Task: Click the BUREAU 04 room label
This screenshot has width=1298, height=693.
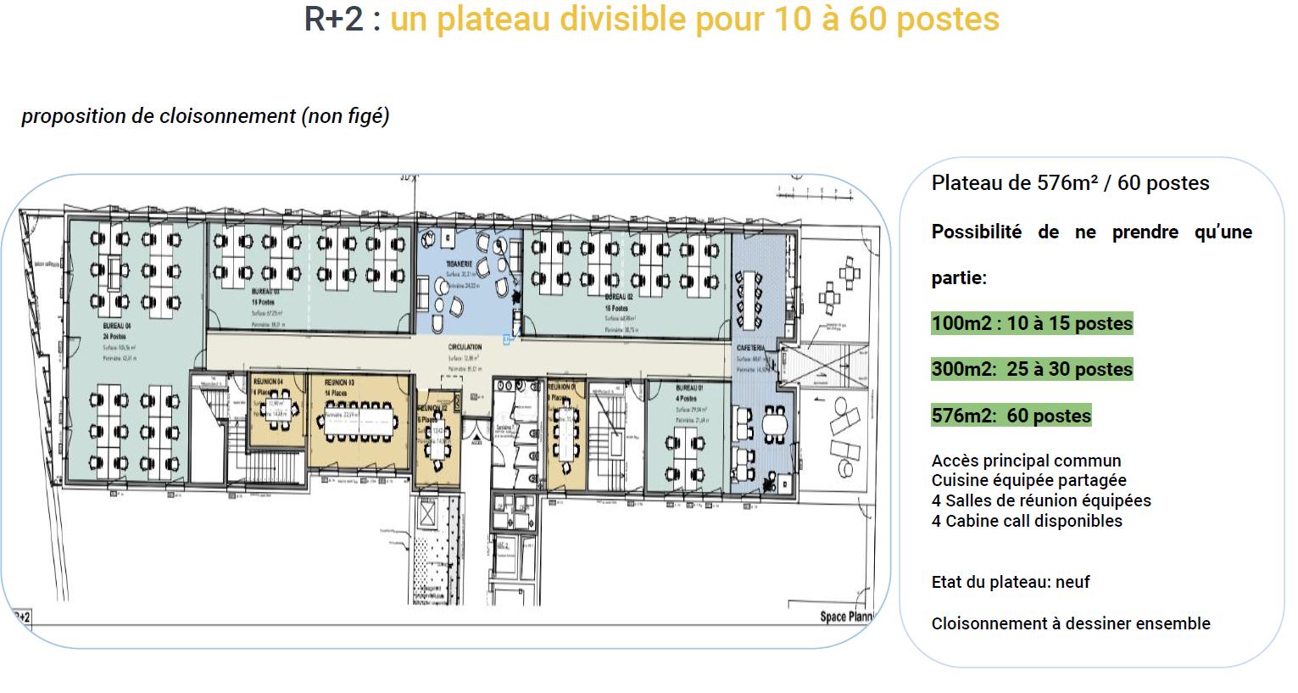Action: [117, 326]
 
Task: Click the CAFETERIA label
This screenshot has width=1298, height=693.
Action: [751, 349]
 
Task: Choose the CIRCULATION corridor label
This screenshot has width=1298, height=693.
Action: [465, 347]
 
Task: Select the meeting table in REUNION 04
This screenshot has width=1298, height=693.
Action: [276, 414]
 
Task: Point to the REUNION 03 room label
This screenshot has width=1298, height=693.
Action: [339, 383]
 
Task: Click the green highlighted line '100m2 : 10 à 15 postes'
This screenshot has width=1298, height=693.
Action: [1032, 323]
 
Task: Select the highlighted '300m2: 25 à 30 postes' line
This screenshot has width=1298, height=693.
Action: [1032, 369]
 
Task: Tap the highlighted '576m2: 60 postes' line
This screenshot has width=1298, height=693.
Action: [1011, 416]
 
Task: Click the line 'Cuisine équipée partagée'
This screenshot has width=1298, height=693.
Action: [1028, 480]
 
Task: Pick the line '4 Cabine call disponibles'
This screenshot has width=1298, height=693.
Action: [1027, 521]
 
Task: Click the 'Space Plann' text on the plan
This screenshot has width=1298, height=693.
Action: [845, 616]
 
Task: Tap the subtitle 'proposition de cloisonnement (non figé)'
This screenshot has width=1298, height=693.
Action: [205, 116]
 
